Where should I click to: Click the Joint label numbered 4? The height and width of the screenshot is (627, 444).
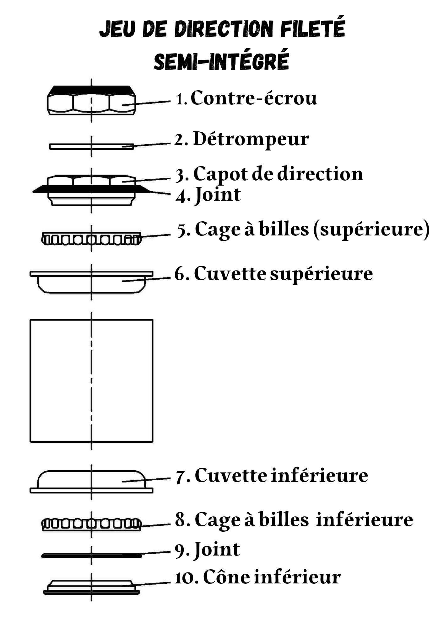(x=217, y=195)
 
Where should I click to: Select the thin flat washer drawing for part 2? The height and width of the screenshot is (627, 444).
(x=91, y=146)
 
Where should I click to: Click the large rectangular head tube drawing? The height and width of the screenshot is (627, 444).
(x=91, y=381)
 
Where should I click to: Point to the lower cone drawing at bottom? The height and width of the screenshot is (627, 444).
(x=91, y=587)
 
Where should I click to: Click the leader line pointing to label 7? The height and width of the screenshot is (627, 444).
(x=146, y=480)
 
